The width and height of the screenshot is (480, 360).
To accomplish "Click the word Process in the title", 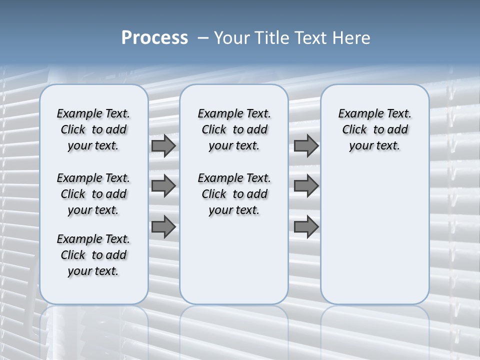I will (154, 38).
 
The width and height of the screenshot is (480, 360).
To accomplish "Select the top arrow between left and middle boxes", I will (163, 146).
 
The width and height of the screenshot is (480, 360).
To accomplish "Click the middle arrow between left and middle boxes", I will (163, 186).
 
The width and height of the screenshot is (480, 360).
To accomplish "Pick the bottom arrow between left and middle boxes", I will (163, 227).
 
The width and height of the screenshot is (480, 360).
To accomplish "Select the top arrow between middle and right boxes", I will (306, 146).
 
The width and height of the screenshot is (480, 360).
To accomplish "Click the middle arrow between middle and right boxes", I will (306, 186).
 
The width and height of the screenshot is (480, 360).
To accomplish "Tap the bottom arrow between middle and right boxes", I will (306, 227).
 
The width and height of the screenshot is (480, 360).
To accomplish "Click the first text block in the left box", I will (93, 129).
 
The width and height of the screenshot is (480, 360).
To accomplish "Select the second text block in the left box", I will (93, 194).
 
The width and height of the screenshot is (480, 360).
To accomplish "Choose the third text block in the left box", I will (93, 255).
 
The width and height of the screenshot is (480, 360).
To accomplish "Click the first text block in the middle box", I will (234, 129).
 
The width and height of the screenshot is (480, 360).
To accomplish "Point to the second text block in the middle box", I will (234, 194).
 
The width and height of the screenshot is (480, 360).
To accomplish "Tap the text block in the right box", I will (375, 129).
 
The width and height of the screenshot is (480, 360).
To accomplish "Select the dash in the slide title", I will (203, 38).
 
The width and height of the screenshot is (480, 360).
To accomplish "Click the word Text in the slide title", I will (308, 38).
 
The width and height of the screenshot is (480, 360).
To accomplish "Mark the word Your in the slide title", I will (232, 38).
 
